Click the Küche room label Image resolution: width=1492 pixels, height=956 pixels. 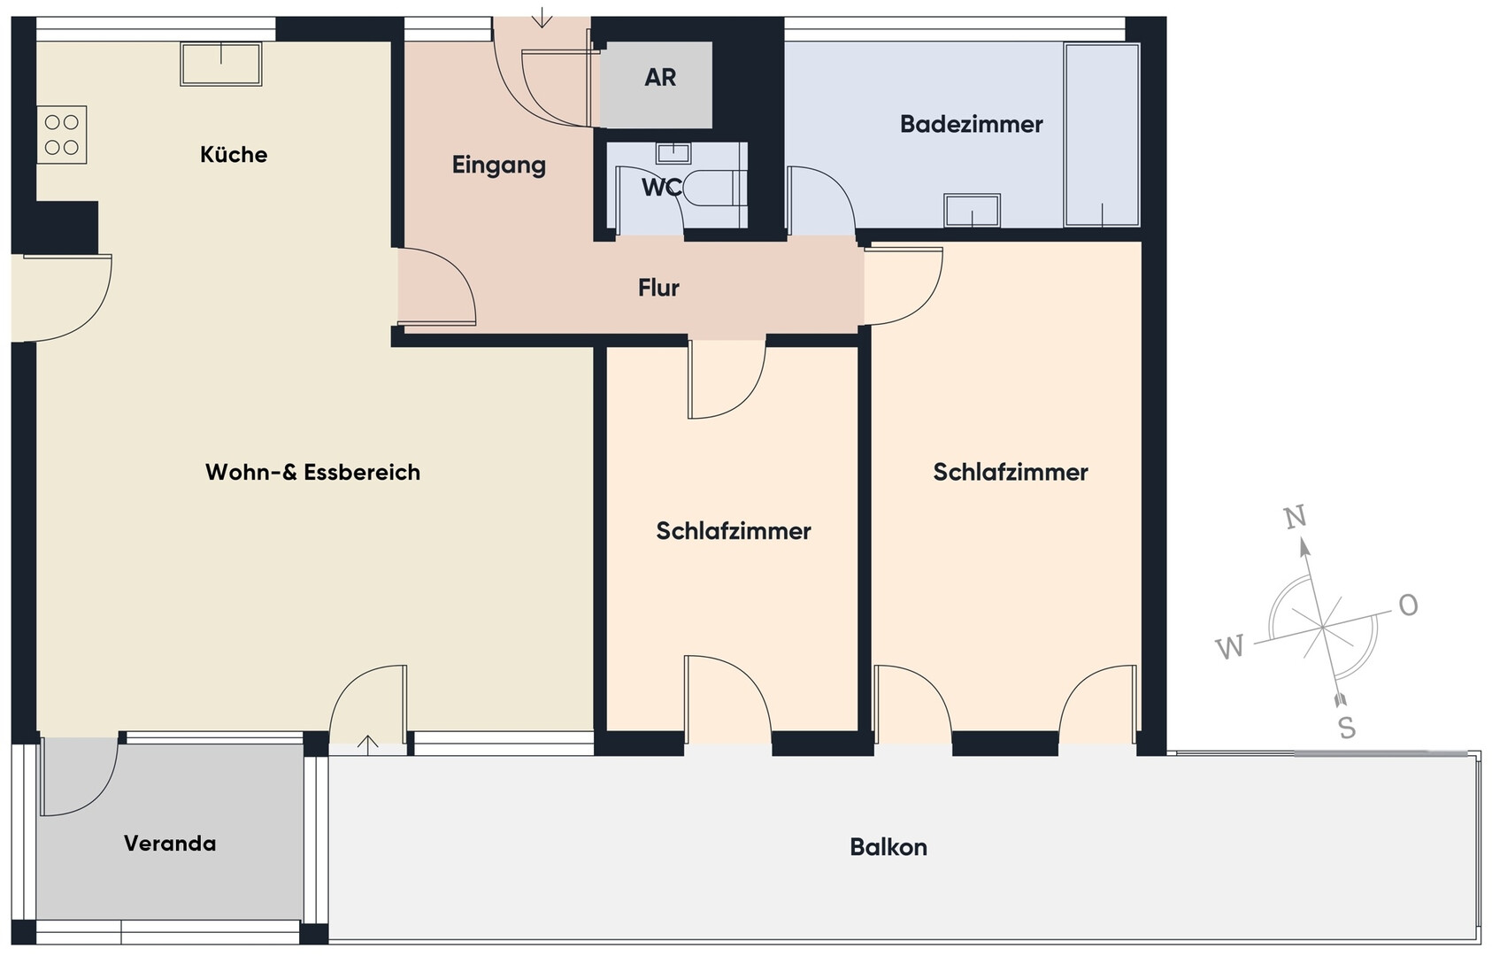(234, 155)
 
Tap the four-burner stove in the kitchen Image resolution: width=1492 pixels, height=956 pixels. (61, 135)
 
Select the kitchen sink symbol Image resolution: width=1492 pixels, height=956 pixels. (220, 64)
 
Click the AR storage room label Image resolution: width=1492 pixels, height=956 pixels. (660, 77)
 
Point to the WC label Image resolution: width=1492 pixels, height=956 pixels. (661, 188)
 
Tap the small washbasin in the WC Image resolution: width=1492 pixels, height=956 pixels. (673, 153)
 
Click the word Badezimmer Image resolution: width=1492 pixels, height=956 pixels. (971, 125)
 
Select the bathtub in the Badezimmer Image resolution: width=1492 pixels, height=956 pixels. (1102, 135)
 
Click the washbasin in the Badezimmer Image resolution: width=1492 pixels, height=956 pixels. (973, 211)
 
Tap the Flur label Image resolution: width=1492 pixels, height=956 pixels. (658, 288)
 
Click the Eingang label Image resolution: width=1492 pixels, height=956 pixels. (499, 166)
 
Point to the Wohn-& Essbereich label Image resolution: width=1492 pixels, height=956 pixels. (313, 473)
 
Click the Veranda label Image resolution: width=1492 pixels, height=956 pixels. (170, 844)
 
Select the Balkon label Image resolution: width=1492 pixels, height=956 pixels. (888, 847)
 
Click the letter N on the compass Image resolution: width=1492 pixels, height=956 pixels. (1295, 517)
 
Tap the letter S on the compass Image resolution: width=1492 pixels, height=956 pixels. (1347, 729)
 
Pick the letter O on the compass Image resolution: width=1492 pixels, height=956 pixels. (1408, 605)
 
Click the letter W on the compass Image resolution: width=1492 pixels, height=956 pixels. (1229, 646)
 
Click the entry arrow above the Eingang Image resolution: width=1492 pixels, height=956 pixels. (542, 18)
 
